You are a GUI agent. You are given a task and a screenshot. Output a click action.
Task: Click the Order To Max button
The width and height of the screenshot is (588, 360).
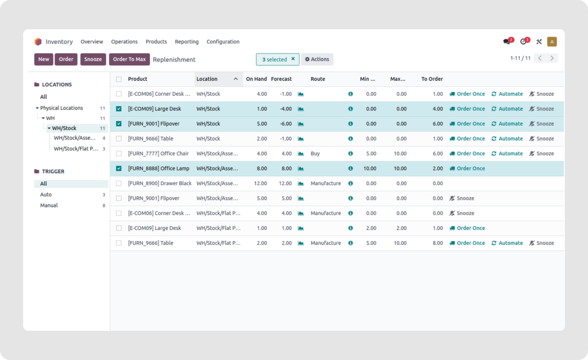click(x=129, y=59)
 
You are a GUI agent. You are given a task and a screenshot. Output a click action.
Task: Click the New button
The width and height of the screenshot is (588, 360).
click(x=44, y=59)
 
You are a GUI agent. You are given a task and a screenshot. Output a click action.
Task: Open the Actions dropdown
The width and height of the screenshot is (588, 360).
click(x=317, y=59)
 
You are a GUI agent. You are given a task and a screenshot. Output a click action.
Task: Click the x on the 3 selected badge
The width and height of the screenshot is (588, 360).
click(x=293, y=59)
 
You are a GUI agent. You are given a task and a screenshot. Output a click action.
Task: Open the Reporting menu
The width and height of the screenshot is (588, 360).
click(x=186, y=42)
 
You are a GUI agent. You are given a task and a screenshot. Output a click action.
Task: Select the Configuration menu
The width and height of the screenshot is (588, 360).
click(x=223, y=42)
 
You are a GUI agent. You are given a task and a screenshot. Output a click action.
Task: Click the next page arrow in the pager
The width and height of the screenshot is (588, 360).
click(x=552, y=58)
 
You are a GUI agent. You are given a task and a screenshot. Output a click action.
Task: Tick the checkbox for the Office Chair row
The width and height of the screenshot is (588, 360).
click(x=119, y=154)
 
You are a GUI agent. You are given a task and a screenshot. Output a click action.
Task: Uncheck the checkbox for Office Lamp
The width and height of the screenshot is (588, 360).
click(x=119, y=168)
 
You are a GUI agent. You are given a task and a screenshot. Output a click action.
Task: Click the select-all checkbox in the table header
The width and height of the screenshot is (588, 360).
click(x=119, y=79)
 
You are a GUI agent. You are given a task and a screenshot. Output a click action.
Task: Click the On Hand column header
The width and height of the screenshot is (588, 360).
click(x=256, y=79)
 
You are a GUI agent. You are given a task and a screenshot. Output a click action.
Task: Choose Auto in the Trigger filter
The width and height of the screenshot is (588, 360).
click(x=46, y=195)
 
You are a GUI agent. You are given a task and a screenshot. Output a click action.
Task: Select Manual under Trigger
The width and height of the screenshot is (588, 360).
click(x=49, y=206)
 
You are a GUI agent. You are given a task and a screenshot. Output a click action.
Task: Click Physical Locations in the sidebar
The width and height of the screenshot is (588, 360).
click(x=61, y=108)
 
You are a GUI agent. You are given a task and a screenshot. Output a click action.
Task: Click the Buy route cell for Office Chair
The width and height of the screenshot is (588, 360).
click(x=315, y=154)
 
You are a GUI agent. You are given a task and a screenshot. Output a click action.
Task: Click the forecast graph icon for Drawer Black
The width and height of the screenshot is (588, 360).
click(x=301, y=184)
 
